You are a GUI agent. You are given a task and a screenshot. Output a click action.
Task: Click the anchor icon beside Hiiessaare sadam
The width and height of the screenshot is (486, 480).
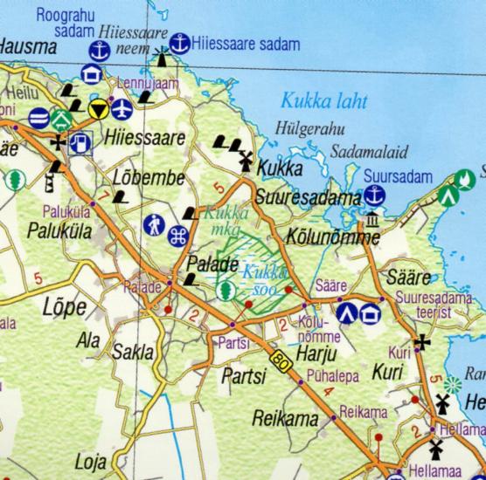pyautogui.click(x=180, y=43)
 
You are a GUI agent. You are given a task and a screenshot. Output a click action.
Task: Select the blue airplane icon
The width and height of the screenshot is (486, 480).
pyautogui.click(x=121, y=109)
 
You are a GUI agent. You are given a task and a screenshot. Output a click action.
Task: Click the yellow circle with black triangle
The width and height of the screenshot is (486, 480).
pyautogui.click(x=99, y=109)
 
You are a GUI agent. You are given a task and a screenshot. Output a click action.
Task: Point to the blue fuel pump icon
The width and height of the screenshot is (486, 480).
pyautogui.click(x=80, y=142)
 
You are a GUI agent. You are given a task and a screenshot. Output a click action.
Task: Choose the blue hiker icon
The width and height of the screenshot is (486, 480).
pyautogui.click(x=155, y=224)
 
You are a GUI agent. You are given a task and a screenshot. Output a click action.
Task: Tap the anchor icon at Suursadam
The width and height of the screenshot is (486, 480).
pyautogui.click(x=374, y=195)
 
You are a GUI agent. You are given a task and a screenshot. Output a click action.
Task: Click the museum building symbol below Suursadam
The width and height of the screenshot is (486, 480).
pyautogui.click(x=373, y=219)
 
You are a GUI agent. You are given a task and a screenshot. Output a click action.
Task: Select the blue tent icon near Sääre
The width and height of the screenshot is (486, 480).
pyautogui.click(x=347, y=312)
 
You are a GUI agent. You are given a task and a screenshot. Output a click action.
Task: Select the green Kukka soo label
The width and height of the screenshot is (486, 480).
pyautogui.click(x=261, y=278)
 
